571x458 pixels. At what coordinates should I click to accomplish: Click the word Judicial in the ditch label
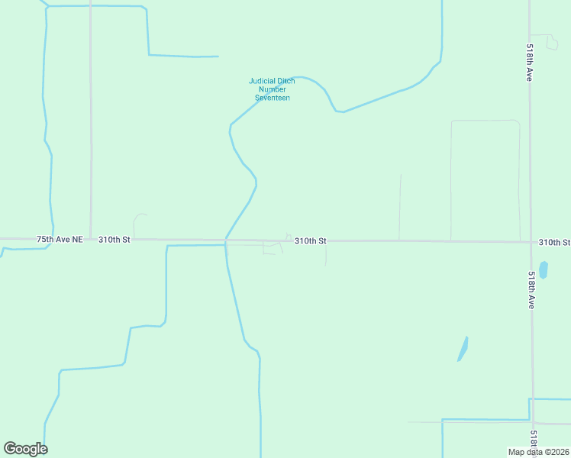point(261,82)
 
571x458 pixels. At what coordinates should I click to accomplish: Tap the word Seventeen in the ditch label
point(273,98)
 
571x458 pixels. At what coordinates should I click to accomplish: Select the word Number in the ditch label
point(273,90)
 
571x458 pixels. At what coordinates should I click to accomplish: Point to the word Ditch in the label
point(286,82)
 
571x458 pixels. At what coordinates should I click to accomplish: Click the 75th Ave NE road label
point(60,240)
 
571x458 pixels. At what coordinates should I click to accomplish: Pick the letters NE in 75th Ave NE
point(76,240)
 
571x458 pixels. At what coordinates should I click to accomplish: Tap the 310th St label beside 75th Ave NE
point(115,240)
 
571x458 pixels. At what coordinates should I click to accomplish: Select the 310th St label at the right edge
point(554,242)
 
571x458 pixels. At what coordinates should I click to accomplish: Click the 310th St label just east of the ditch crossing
point(311,240)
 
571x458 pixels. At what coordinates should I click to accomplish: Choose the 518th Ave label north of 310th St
point(529,63)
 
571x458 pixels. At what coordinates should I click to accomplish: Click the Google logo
point(25,449)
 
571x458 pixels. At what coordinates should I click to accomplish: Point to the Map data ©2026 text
point(539,452)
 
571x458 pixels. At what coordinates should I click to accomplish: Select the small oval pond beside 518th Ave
point(544,269)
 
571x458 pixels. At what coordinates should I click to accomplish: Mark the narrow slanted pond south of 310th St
point(463,348)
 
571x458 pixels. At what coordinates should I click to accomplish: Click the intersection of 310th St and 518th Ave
point(531,243)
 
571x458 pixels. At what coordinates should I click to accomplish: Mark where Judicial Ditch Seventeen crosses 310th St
point(225,240)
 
